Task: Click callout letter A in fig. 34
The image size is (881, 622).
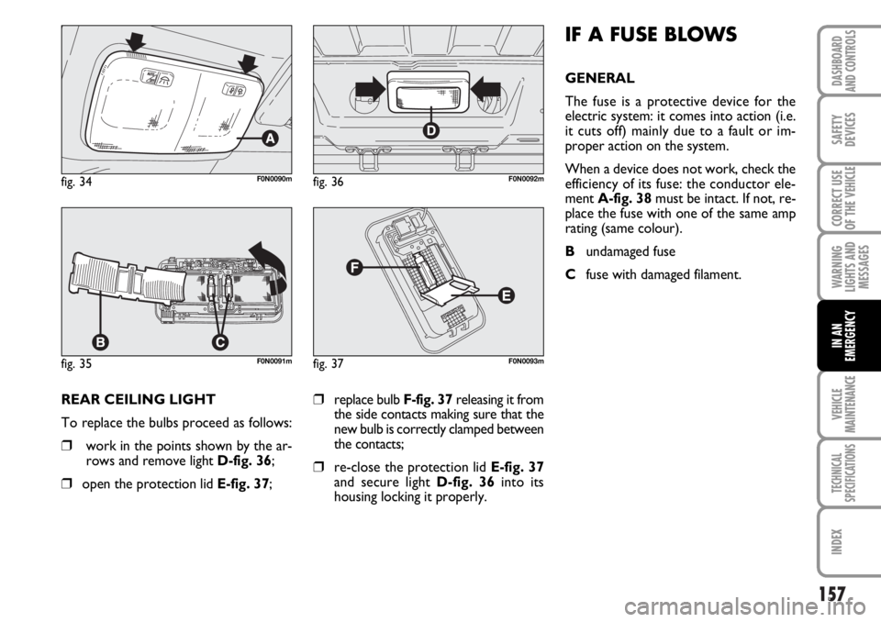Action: coord(269,138)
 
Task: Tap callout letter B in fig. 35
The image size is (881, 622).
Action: coord(100,341)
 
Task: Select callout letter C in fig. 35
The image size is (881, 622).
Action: coord(219,341)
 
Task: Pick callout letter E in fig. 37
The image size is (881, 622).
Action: coord(506,295)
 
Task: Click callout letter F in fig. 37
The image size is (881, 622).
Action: coord(352,269)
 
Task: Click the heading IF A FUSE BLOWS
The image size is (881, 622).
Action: coord(651,35)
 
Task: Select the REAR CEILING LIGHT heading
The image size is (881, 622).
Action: coord(139,399)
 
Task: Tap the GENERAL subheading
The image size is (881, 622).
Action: coord(599,78)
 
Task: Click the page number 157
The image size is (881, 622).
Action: coord(831,594)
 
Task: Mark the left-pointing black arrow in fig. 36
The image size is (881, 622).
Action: coord(486,90)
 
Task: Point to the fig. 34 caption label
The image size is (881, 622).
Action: coord(77,183)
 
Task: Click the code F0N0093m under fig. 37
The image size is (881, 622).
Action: coord(526,361)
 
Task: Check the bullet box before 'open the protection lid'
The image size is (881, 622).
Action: coord(66,483)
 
